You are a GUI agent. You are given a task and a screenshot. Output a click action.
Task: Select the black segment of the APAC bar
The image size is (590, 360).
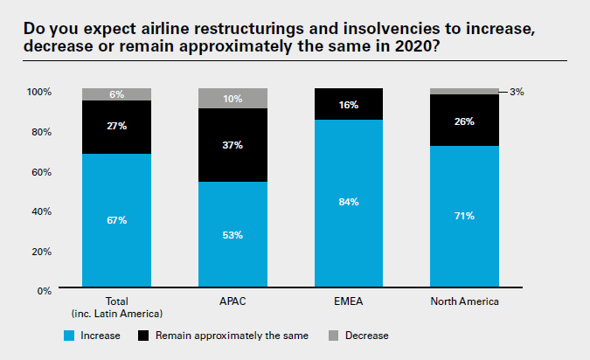tap(233, 144)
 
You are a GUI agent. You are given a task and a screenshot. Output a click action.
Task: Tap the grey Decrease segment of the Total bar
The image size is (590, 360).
tap(116, 94)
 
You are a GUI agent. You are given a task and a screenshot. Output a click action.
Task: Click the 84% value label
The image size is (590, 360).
tap(349, 202)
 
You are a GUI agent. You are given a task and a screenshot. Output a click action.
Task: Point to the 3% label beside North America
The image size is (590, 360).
tap(517, 92)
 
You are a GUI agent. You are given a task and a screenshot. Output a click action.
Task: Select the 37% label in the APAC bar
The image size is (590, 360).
tap(233, 145)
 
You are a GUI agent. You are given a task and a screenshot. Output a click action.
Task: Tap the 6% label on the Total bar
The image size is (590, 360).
tap(116, 94)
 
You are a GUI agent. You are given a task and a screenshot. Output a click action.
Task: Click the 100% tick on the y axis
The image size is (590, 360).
tap(39, 92)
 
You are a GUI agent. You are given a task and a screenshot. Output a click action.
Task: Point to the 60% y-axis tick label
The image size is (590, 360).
tap(41, 171)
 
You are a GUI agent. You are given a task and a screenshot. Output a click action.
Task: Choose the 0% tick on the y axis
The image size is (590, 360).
tap(44, 291)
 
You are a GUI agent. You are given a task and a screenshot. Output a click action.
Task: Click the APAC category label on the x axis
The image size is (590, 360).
tap(233, 303)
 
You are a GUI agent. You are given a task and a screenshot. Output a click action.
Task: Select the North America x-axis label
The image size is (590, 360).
tap(464, 303)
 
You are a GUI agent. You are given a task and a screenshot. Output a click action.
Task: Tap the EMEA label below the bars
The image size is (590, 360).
tap(349, 303)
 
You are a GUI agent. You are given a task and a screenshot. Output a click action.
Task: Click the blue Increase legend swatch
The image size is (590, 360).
tap(71, 335)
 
